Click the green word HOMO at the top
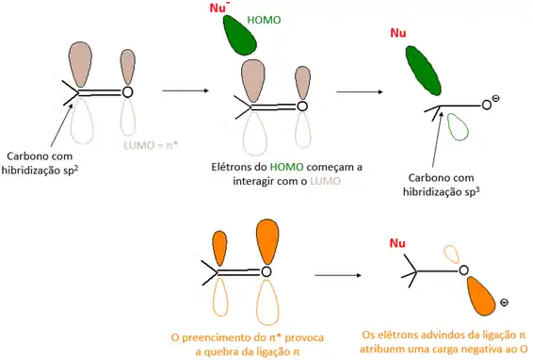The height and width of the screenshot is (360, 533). click(265, 19)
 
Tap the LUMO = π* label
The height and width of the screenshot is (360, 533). click(150, 146)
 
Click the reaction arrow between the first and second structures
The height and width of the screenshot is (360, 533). click(186, 91)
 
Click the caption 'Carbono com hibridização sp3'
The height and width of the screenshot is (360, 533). click(445, 184)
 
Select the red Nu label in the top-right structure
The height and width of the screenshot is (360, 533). click(398, 38)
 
